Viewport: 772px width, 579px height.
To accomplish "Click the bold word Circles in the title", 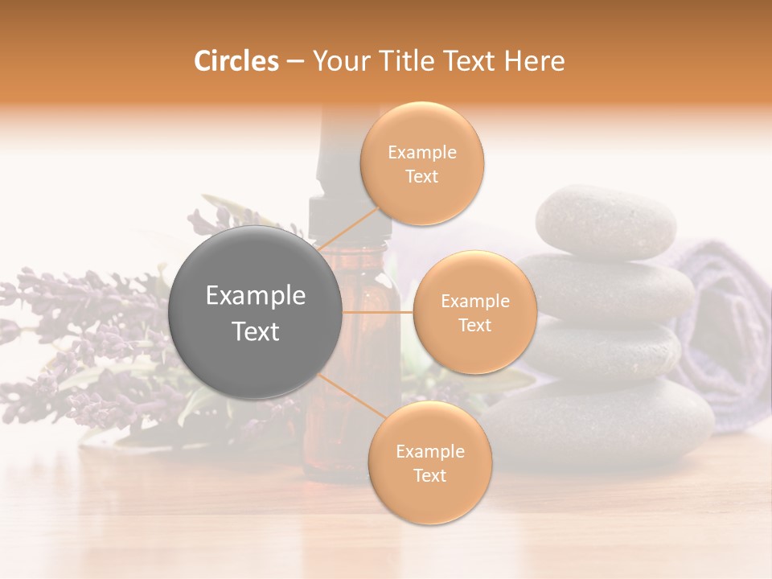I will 236,61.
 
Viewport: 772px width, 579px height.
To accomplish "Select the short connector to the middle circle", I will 378,312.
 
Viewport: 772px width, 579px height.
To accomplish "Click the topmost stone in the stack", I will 606,220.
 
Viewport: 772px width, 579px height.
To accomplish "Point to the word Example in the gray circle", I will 256,296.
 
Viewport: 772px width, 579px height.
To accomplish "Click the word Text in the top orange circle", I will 421,177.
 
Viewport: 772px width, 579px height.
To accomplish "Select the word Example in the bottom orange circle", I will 429,451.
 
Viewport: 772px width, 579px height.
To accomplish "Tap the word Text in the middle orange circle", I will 474,326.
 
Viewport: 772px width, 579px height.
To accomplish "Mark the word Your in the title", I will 341,61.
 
